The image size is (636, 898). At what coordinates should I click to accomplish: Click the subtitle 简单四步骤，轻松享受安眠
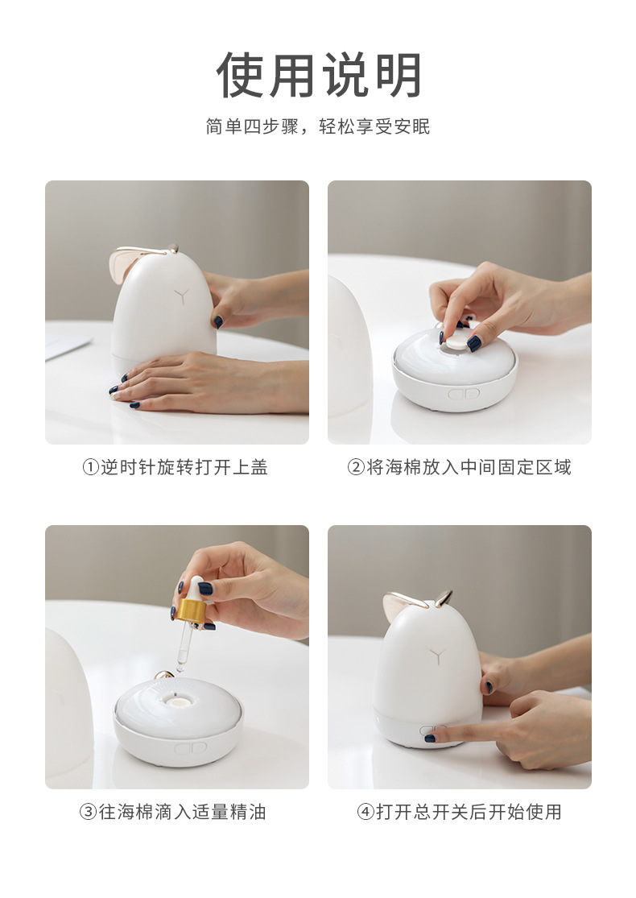click(318, 126)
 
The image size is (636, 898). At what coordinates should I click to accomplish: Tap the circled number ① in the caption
click(90, 467)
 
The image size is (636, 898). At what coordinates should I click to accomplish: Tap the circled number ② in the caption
click(356, 467)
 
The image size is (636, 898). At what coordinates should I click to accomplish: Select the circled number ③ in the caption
click(88, 812)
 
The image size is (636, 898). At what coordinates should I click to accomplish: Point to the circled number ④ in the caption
click(365, 812)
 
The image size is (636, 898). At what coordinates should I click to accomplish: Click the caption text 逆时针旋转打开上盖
click(184, 467)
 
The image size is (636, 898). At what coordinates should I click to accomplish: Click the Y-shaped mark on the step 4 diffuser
click(437, 656)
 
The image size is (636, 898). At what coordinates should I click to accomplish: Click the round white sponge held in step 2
click(456, 342)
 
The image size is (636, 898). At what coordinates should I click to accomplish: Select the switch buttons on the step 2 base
click(463, 394)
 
